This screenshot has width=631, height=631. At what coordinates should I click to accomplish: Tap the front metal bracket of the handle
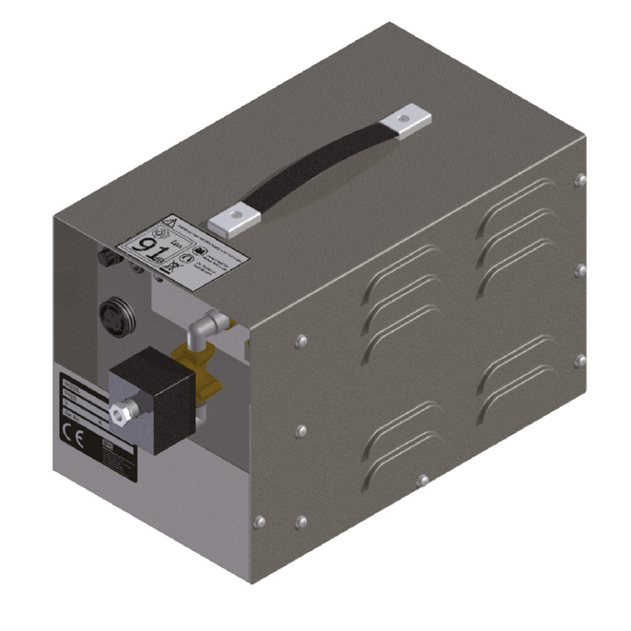[234, 219]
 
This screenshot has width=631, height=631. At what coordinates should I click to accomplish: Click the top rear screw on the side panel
[581, 179]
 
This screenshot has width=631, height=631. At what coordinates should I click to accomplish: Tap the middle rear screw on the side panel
[580, 269]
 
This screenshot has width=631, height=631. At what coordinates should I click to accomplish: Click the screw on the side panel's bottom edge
[422, 480]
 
